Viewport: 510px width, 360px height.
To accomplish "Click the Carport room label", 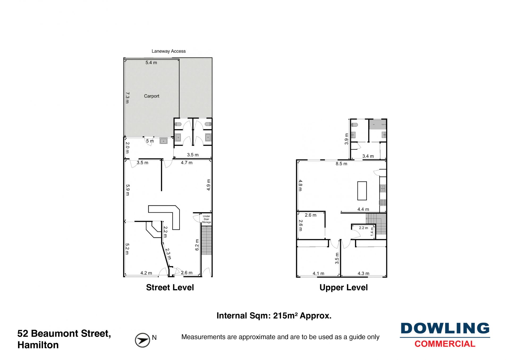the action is [151, 96].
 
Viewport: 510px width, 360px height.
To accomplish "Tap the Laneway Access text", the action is [168, 51].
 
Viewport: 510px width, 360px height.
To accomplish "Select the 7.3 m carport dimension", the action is [127, 98].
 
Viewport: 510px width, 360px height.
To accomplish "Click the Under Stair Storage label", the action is [206, 219].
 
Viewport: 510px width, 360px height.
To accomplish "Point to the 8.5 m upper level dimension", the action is [341, 164].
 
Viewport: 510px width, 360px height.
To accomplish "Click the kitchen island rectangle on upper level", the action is [362, 191].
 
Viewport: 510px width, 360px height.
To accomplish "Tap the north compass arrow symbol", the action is [142, 340].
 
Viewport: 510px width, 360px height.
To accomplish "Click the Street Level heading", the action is [170, 287].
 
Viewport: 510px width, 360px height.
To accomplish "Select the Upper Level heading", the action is [343, 288].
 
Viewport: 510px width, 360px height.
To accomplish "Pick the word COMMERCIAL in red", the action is [445, 344].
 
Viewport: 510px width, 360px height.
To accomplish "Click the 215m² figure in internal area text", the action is [285, 316].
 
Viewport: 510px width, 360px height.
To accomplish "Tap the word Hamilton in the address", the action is [38, 345].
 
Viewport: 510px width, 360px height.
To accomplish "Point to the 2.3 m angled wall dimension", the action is [168, 254].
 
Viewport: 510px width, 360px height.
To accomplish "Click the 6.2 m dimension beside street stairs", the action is [197, 245].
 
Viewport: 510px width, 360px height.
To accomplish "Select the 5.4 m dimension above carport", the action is [151, 63].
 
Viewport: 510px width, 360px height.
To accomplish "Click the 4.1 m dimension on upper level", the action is [318, 273].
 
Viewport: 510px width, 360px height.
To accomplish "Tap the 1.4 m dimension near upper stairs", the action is [372, 232].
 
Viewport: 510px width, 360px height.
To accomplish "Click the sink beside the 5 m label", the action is [163, 141].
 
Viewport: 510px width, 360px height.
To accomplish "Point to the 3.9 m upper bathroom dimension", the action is [346, 139].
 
